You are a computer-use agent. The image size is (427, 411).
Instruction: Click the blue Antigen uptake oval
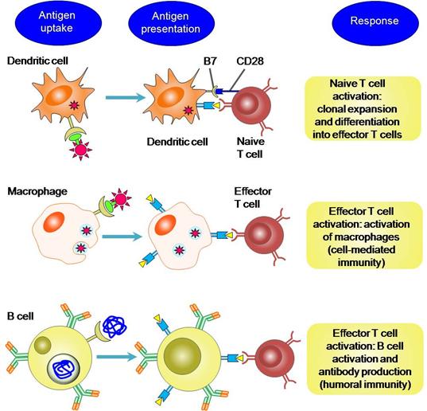[x=56, y=22]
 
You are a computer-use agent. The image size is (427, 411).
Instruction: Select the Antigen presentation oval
[x=171, y=23]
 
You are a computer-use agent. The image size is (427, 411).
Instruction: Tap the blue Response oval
[x=375, y=22]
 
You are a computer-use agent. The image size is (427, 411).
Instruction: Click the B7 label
[x=210, y=61]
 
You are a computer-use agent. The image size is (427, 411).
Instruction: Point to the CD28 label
[x=250, y=61]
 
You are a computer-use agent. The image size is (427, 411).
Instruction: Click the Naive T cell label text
[x=250, y=147]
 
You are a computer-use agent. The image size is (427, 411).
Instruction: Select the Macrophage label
[x=37, y=191]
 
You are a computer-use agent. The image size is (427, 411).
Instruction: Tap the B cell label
[x=21, y=316]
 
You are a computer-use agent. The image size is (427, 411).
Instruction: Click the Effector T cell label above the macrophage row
[x=252, y=198]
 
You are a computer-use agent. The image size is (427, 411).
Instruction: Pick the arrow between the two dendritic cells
[x=126, y=97]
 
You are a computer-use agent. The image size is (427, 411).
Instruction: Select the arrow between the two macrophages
[x=122, y=237]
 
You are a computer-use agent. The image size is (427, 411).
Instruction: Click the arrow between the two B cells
[x=116, y=357]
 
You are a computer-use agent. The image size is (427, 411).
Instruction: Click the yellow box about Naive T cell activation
[x=363, y=108]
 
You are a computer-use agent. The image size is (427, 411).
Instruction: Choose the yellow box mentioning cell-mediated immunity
[x=364, y=237]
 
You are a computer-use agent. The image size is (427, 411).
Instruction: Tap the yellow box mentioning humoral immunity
[x=365, y=359]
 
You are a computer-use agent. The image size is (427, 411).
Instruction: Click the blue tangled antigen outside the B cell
[x=115, y=326]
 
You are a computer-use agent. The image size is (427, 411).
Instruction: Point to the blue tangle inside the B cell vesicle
[x=64, y=369]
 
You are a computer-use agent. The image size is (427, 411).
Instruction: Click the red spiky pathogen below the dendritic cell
[x=80, y=150]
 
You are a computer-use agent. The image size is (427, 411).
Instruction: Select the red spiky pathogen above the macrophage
[x=120, y=199]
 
